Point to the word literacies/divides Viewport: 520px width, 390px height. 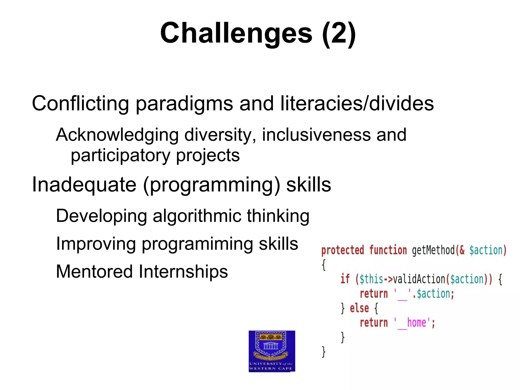357,104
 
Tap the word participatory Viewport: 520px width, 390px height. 120,155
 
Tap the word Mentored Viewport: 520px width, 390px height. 94,272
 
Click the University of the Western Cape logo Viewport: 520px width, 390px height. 272,351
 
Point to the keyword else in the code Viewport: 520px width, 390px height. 359,308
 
